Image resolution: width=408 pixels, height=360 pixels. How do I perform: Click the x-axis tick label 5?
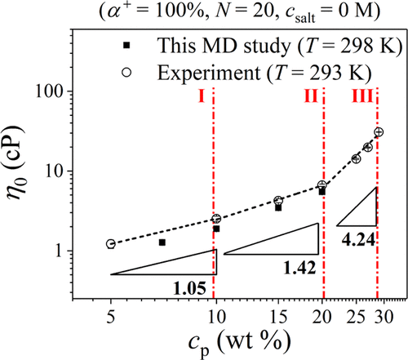[x=110, y=317]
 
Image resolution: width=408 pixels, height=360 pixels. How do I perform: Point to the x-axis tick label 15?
[x=278, y=317]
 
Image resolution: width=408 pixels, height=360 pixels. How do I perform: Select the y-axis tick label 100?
[x=51, y=91]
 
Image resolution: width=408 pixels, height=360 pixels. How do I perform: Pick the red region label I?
[x=202, y=96]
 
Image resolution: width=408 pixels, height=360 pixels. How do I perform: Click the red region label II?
[x=311, y=96]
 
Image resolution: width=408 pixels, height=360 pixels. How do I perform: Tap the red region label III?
[x=362, y=96]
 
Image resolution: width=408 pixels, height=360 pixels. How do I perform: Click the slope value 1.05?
[x=189, y=288]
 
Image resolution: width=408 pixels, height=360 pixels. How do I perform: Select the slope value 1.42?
[x=299, y=268]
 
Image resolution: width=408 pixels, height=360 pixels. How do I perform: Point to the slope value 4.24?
[x=358, y=240]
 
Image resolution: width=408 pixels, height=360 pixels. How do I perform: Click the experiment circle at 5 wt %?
[x=110, y=244]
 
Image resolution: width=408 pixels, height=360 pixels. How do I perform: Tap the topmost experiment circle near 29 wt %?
[x=379, y=132]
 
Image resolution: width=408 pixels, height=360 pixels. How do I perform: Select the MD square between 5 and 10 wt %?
[x=162, y=242]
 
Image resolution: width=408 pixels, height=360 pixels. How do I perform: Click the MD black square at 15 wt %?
[x=278, y=208]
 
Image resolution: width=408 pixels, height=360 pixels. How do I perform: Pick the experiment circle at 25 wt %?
[x=357, y=158]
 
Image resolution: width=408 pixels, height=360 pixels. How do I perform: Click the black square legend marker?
[x=126, y=45]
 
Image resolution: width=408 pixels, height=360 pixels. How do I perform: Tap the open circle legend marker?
[x=126, y=73]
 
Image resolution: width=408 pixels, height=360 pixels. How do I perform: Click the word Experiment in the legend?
[x=209, y=73]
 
